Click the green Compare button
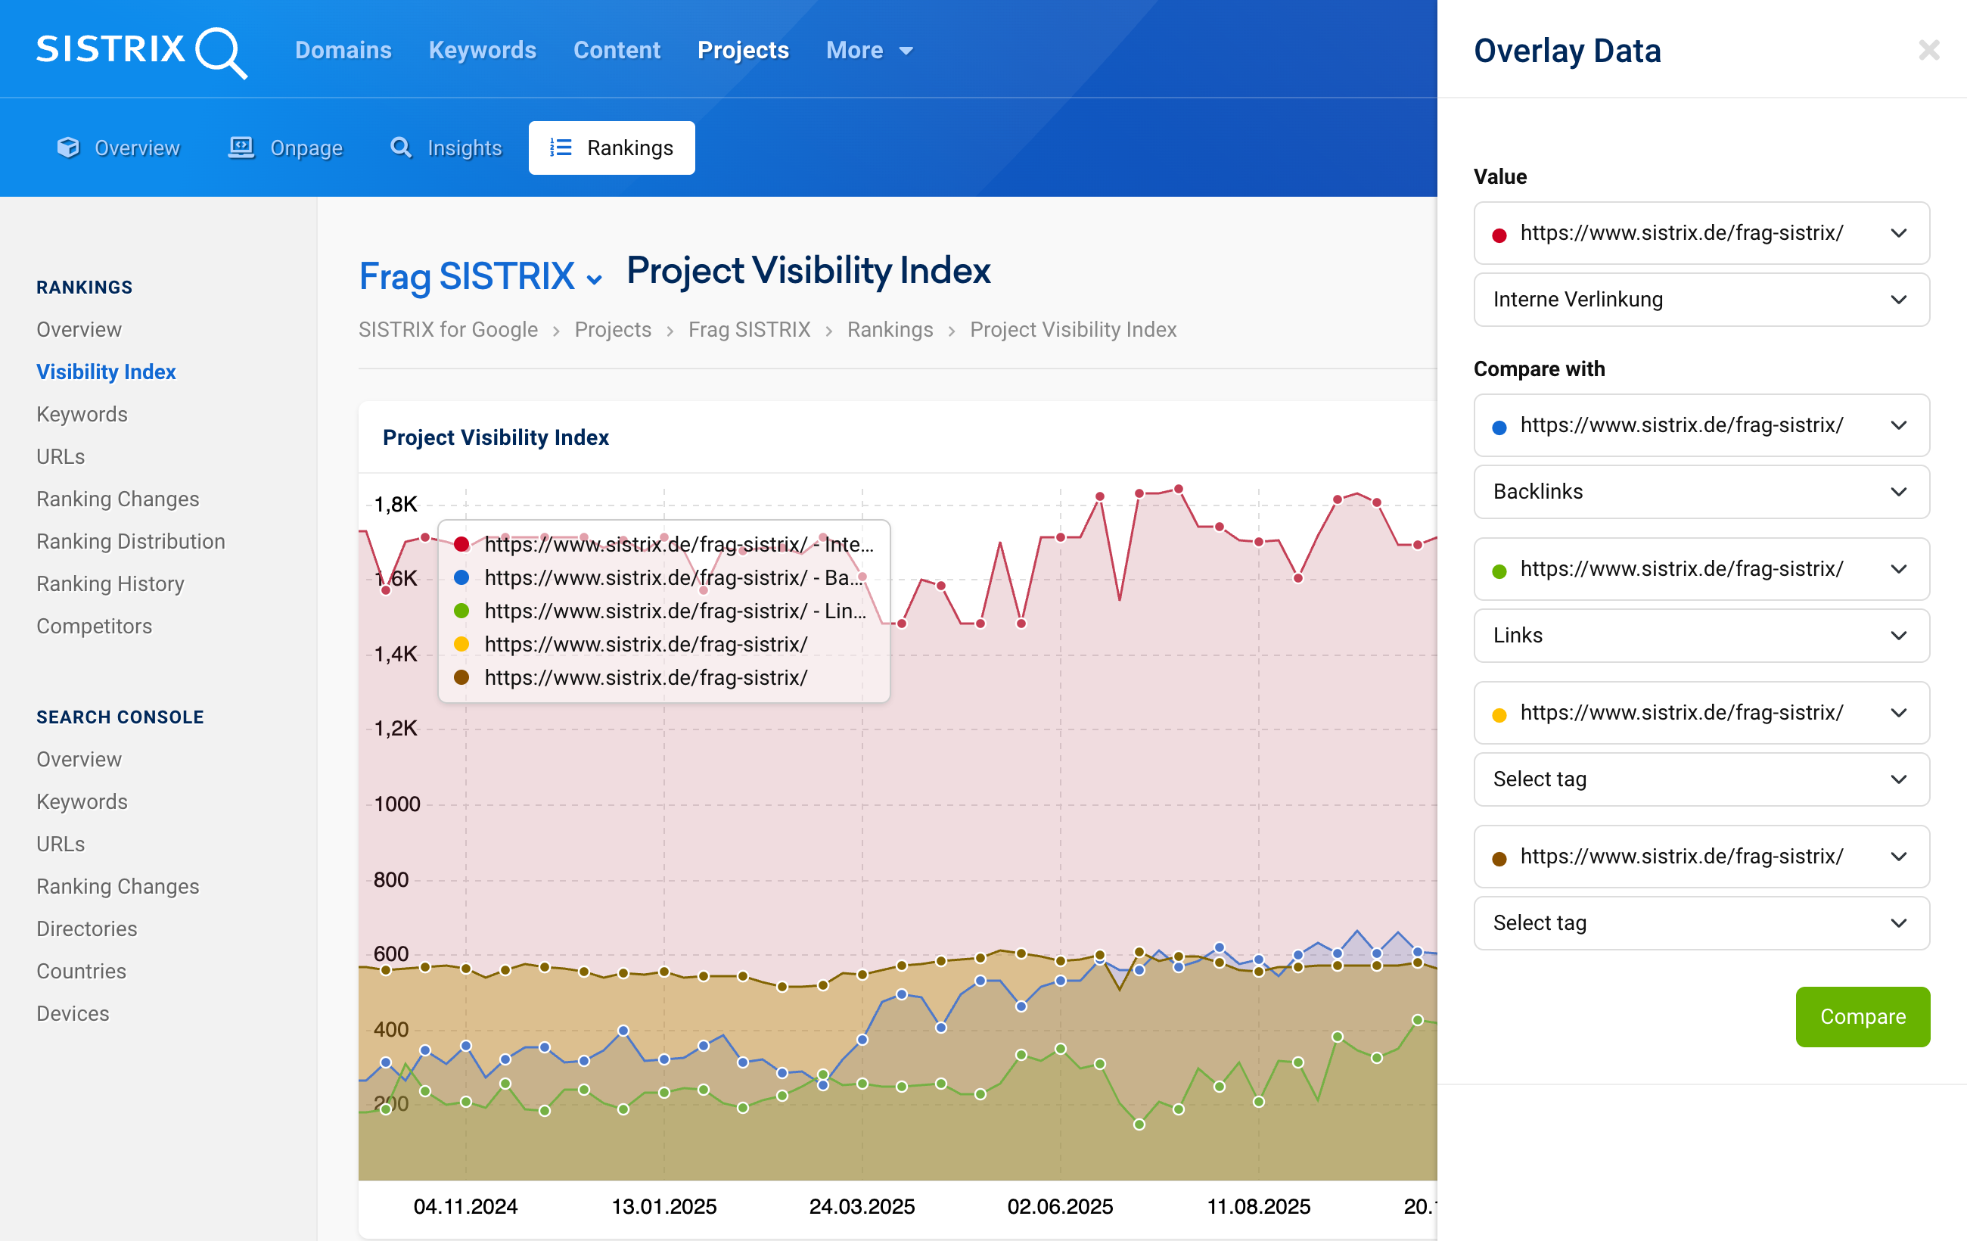coord(1862,1016)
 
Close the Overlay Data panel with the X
coord(1928,51)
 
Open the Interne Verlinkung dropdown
coord(1701,300)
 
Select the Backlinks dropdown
coord(1701,492)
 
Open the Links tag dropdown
coord(1701,636)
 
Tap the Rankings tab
coord(611,148)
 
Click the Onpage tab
coord(285,148)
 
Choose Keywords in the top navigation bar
coord(482,51)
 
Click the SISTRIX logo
coord(141,51)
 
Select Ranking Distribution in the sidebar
coord(131,542)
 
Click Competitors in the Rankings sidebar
coord(94,627)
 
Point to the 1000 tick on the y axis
coord(397,804)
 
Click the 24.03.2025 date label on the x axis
coord(862,1206)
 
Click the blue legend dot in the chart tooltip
coord(461,577)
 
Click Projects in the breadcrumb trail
coord(613,330)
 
